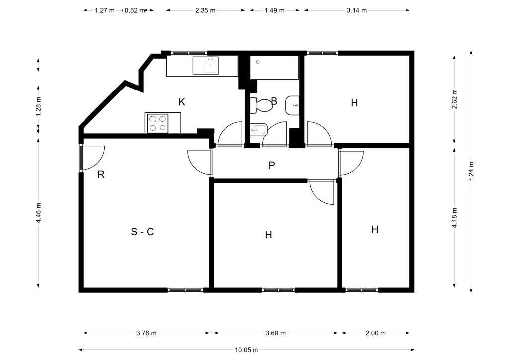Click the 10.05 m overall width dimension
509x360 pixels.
pos(247,350)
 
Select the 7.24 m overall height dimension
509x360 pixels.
pos(471,172)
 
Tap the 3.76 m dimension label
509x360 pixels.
pos(146,333)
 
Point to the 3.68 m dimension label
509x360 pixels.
pos(275,333)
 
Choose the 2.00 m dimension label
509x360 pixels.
pos(376,333)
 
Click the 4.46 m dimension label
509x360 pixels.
pos(39,213)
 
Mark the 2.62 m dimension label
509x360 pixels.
pos(454,99)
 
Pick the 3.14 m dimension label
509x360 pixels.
pos(356,10)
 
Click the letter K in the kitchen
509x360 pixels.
pos(182,102)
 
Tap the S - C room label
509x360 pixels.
pos(142,232)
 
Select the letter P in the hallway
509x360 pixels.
pos(272,165)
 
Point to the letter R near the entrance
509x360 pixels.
pos(101,175)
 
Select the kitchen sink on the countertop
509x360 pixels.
pos(206,66)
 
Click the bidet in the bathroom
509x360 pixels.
pos(258,130)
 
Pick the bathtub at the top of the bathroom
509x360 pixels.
pos(274,67)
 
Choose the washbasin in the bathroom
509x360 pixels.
pos(292,105)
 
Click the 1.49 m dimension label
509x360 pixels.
pos(274,10)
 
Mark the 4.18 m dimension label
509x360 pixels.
pos(454,217)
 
